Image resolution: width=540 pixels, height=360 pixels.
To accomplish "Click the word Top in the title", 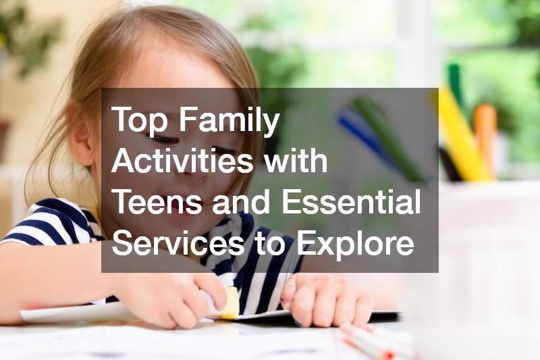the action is [x=138, y=120].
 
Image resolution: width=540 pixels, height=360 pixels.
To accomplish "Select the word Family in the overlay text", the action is [x=229, y=120].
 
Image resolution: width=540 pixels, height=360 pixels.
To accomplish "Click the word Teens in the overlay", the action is [x=157, y=201].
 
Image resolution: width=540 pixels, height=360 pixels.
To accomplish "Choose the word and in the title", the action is [x=241, y=201].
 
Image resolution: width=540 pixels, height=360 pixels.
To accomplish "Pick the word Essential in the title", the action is [x=351, y=201].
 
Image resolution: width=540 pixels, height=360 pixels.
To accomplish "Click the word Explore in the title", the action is [x=356, y=243].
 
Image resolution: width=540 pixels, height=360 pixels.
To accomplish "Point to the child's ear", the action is [x=82, y=138].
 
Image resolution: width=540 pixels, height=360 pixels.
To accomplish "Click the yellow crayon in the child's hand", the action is [x=230, y=302].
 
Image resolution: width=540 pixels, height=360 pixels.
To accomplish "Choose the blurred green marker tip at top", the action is [x=455, y=82].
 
